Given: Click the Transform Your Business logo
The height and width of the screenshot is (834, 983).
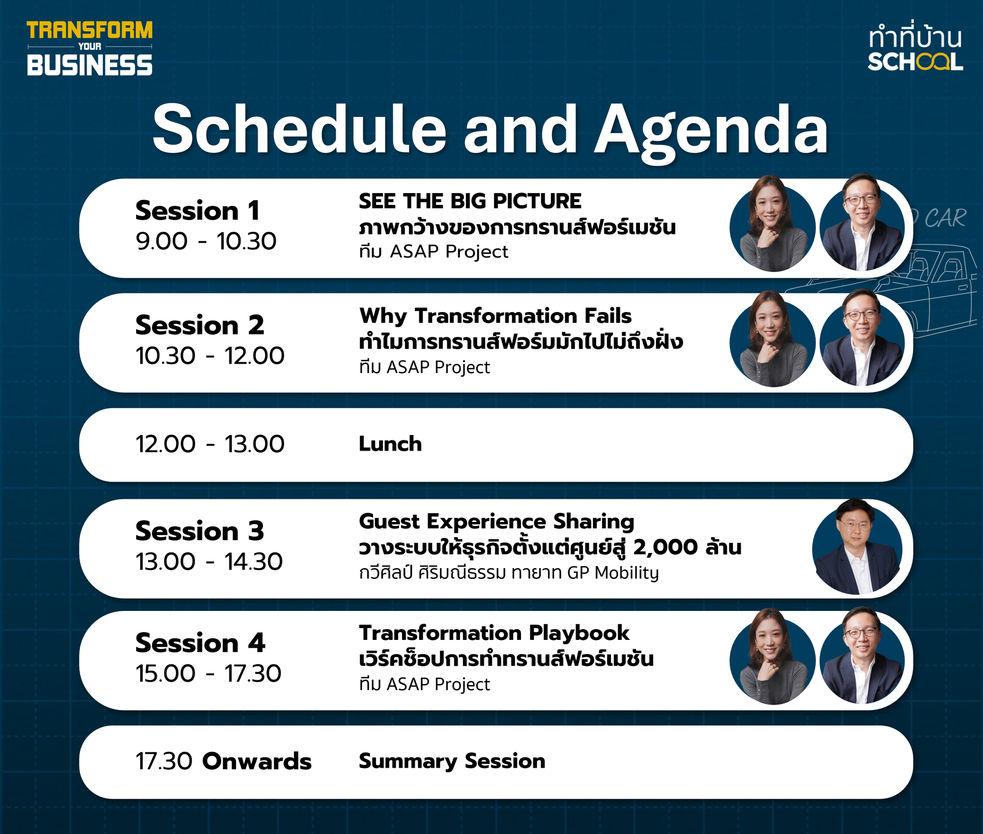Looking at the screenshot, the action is [89, 48].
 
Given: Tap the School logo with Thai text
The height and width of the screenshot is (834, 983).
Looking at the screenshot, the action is [915, 48].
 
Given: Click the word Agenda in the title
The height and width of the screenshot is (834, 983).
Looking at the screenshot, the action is [711, 130].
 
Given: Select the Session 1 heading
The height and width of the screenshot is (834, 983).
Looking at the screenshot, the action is [198, 210].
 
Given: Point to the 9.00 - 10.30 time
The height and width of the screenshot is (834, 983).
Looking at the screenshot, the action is [206, 241].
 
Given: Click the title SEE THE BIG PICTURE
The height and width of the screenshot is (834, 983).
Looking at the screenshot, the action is [470, 201].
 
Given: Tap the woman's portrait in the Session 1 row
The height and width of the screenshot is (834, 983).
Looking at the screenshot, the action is [772, 224].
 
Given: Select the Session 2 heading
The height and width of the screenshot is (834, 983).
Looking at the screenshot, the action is [200, 325].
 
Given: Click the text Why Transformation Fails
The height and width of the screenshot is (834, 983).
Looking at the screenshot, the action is [495, 316].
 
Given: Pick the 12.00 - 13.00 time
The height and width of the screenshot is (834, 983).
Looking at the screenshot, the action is [210, 444].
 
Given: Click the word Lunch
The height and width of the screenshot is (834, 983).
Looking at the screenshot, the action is [390, 444].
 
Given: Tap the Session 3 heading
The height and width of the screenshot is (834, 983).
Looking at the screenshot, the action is [200, 531].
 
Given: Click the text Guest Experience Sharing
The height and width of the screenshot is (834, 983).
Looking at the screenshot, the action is [496, 522].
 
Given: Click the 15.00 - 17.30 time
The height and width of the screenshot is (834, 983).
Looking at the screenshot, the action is [208, 673].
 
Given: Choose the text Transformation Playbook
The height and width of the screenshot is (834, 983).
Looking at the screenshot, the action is [494, 633].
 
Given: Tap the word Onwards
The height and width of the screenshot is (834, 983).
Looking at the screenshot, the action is [257, 761].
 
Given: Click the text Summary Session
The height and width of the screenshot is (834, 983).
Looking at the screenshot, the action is [452, 761].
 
